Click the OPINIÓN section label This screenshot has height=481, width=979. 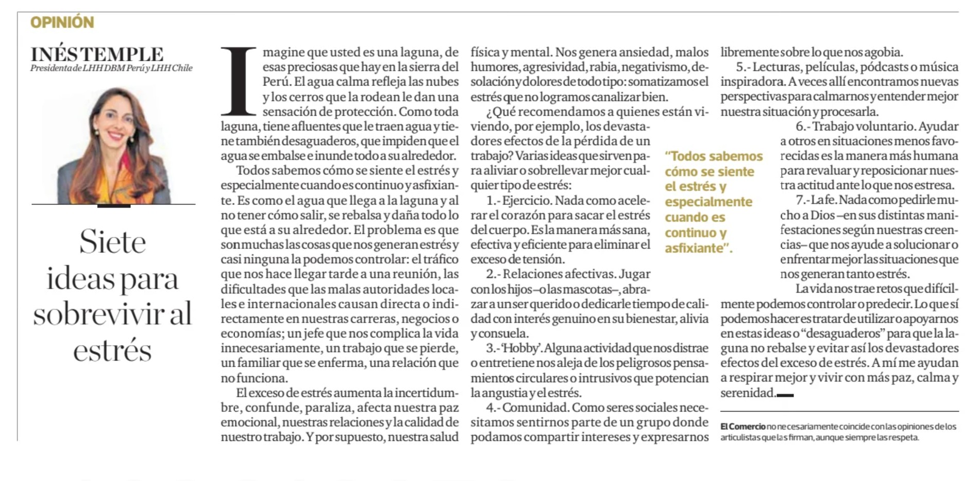[x=62, y=22]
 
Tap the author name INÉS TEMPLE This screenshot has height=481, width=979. [x=97, y=54]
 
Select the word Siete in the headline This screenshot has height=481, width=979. [x=113, y=242]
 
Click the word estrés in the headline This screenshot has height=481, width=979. [x=112, y=351]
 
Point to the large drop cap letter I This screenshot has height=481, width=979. [x=238, y=81]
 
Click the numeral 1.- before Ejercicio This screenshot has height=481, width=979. [x=493, y=200]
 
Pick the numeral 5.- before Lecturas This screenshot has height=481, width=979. [x=743, y=67]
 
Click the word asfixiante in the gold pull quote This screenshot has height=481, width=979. [x=694, y=248]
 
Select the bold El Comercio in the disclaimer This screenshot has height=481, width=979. [x=742, y=426]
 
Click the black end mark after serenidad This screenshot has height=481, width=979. [x=785, y=395]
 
